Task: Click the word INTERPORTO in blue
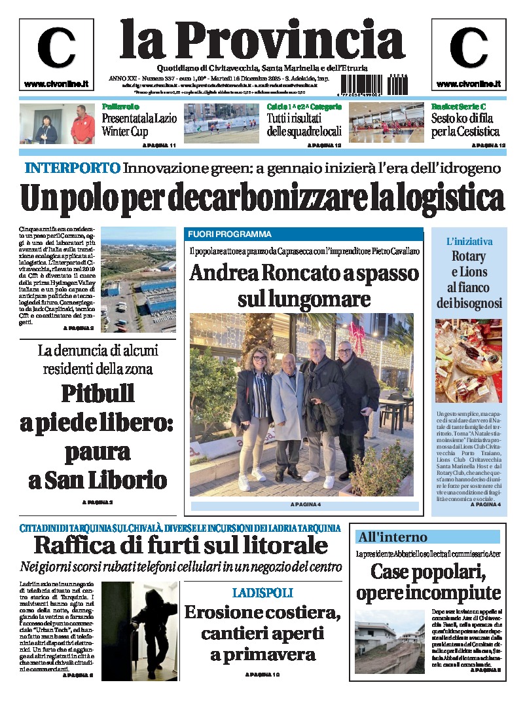pyautogui.click(x=72, y=168)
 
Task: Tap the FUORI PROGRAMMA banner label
pyautogui.click(x=230, y=234)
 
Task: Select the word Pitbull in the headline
pyautogui.click(x=98, y=394)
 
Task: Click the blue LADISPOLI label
pyautogui.click(x=262, y=593)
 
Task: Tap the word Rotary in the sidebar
pyautogui.click(x=468, y=256)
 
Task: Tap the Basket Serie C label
pyautogui.click(x=459, y=106)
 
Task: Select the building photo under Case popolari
pyautogui.click(x=389, y=642)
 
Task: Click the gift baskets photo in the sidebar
pyautogui.click(x=468, y=360)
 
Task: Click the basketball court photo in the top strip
pyautogui.click(x=386, y=123)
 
